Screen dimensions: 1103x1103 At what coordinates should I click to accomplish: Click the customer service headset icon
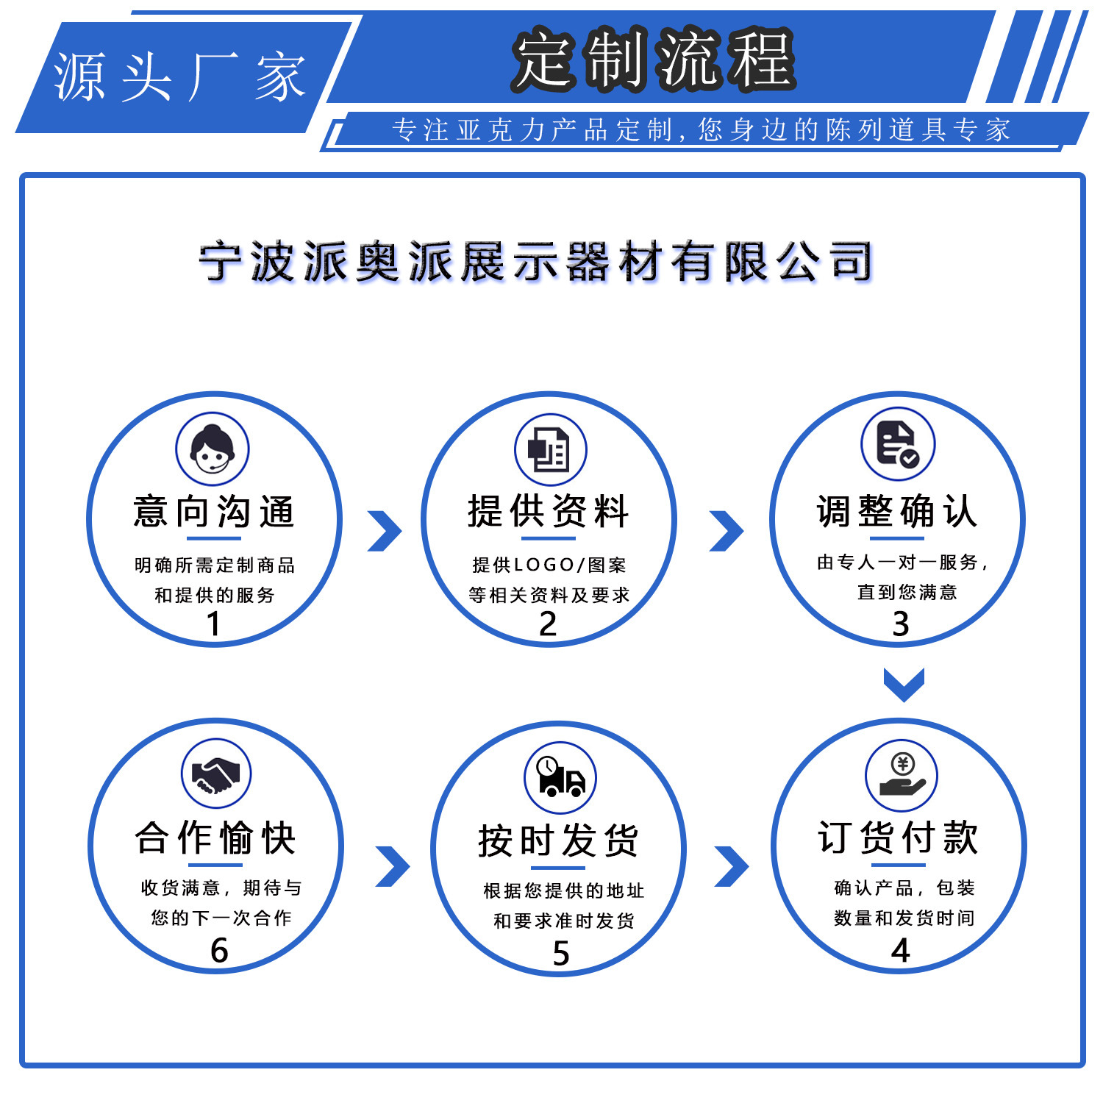[213, 449]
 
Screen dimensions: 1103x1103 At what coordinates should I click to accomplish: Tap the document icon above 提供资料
[550, 449]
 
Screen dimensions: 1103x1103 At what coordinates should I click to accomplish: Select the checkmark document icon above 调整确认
[897, 443]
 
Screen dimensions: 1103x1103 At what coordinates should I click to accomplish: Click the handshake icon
[215, 774]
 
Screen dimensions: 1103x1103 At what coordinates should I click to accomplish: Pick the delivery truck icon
[560, 778]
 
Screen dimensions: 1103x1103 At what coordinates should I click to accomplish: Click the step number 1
[213, 624]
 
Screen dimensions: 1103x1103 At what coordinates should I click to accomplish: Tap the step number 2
[548, 624]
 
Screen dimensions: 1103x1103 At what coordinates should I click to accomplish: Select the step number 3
[901, 624]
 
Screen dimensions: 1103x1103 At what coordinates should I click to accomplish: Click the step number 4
[901, 950]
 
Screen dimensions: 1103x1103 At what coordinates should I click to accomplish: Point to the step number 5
[561, 953]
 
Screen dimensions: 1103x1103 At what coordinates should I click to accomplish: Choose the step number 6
[219, 950]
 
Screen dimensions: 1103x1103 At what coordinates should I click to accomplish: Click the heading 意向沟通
[214, 512]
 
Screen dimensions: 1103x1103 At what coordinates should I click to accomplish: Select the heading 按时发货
[559, 840]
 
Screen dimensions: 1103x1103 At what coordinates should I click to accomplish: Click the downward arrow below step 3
[904, 685]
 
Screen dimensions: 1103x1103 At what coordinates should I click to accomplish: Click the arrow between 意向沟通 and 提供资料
[385, 531]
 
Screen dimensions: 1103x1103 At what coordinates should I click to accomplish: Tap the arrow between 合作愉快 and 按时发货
[393, 866]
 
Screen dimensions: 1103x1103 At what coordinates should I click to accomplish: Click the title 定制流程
[654, 59]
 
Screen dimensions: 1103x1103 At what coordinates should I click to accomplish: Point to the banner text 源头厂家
[180, 77]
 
